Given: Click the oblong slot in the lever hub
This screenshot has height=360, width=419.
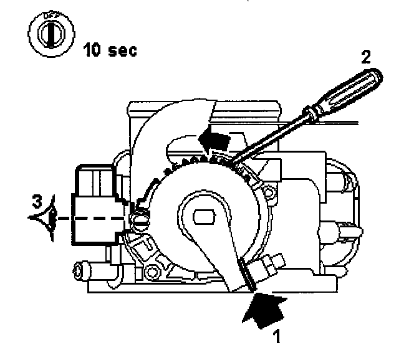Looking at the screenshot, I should coord(205,217).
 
